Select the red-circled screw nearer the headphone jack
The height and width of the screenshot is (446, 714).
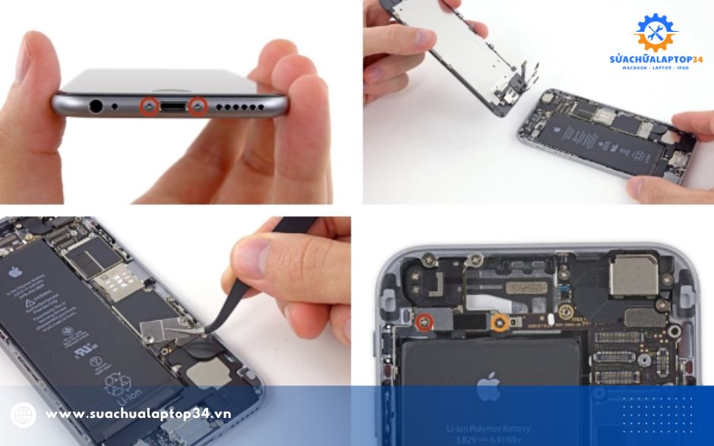[x=148, y=107]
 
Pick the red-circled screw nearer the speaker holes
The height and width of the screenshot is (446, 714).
[x=199, y=107]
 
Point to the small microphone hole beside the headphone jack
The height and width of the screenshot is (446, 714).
[x=115, y=107]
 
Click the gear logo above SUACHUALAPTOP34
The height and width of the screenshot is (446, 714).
[x=655, y=33]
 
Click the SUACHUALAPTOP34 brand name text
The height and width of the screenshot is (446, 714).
[x=656, y=59]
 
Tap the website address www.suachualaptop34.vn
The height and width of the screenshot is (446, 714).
[x=137, y=414]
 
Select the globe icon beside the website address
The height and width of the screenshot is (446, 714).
[x=24, y=415]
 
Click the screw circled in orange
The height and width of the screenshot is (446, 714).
[x=500, y=323]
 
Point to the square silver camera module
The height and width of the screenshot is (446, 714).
[x=631, y=275]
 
